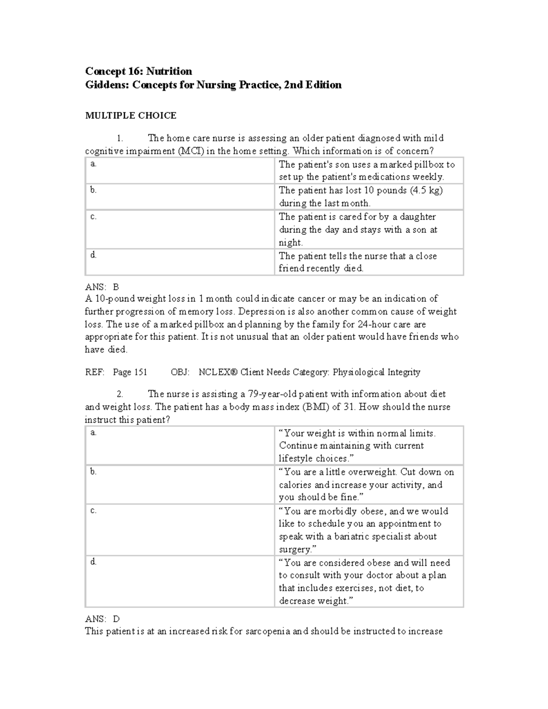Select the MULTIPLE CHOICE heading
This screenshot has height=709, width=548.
131,116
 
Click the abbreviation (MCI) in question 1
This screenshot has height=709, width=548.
190,151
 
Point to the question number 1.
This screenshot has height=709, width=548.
120,138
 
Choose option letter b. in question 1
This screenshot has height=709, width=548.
93,190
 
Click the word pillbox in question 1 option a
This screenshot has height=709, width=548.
427,164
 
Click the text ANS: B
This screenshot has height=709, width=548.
102,287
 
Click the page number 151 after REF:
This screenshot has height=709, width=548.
140,372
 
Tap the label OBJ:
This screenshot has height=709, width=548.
180,372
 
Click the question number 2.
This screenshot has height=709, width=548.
120,394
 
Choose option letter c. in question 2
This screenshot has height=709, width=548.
93,510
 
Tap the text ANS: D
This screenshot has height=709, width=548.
102,619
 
